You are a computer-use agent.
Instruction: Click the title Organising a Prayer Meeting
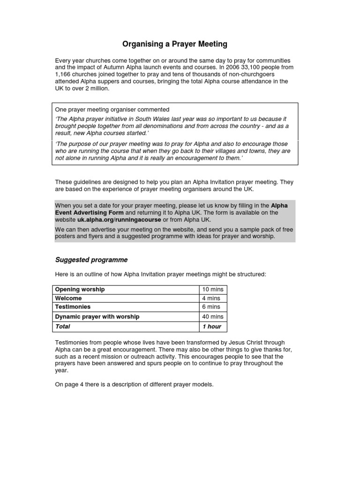174,44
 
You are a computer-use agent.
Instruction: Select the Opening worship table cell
80,289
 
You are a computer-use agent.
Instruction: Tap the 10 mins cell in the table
213,289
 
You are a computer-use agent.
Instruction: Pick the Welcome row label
68,298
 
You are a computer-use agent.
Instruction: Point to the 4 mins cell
211,298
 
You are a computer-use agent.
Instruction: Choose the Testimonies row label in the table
73,307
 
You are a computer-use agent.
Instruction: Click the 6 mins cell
211,307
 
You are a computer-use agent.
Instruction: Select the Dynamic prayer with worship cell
97,317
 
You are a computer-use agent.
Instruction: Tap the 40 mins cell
213,317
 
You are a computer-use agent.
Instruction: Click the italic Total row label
62,326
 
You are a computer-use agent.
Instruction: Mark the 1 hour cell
211,326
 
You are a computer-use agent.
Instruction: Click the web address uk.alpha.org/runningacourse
119,219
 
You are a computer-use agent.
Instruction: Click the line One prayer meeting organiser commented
112,110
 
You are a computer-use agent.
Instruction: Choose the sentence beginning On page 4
134,384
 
